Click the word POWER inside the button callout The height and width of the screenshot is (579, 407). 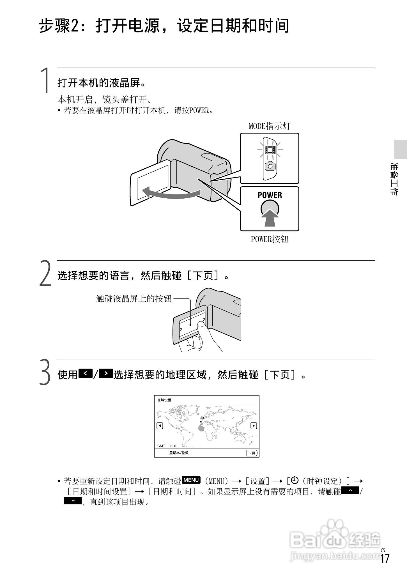click(270, 195)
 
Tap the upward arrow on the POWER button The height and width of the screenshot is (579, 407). click(270, 217)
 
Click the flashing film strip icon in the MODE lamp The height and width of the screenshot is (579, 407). click(270, 150)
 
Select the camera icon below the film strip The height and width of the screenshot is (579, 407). click(270, 166)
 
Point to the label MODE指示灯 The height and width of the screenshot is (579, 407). click(269, 126)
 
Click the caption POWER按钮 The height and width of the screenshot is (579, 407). click(269, 239)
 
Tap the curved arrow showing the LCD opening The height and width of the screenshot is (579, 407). click(171, 193)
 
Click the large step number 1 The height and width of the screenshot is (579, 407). click(45, 81)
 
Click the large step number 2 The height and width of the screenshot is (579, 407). click(45, 274)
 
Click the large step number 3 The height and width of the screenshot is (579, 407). click(45, 373)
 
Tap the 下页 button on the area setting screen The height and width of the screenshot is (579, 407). click(252, 453)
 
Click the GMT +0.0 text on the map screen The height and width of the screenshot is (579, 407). click(167, 446)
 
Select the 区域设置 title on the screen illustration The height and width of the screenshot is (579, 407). click(164, 400)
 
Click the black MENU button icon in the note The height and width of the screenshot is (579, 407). click(191, 480)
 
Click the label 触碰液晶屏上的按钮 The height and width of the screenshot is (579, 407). click(134, 299)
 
